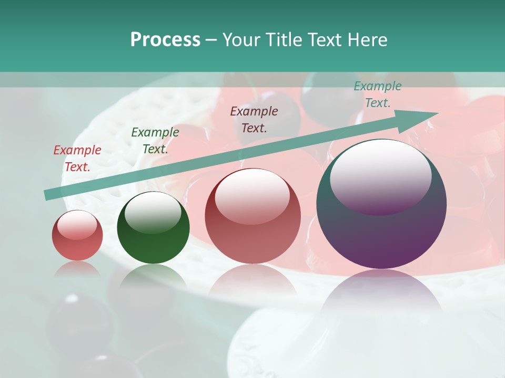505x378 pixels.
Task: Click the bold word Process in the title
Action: coord(165,40)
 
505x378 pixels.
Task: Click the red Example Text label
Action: coord(77,158)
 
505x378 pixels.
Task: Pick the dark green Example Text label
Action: coord(155,140)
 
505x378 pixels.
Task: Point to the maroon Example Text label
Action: coord(254,119)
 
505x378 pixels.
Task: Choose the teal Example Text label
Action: coord(377,94)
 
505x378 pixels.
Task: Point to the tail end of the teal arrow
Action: coord(46,195)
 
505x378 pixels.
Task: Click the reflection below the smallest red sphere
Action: coord(77,269)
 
